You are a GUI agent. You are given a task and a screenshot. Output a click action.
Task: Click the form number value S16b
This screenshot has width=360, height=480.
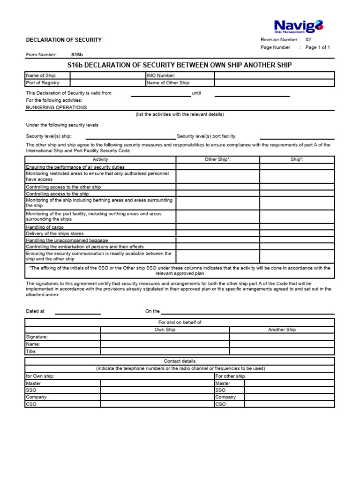[x=77, y=55]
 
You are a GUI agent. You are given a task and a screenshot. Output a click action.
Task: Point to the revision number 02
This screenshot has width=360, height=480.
[x=308, y=40]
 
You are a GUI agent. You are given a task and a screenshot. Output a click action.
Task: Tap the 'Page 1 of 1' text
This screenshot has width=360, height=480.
[x=317, y=47]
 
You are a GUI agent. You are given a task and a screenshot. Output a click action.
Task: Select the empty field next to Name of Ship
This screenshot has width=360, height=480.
[x=108, y=75]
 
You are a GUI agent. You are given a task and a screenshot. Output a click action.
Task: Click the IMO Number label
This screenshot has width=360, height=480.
[x=161, y=75]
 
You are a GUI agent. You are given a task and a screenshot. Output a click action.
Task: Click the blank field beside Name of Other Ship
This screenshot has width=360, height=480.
[x=275, y=83]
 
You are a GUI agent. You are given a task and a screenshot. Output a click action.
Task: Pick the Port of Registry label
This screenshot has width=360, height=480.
[x=43, y=83]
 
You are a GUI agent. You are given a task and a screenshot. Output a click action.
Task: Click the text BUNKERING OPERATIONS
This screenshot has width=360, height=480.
[x=56, y=107]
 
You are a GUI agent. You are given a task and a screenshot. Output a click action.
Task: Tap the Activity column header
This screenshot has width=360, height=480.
[x=100, y=160]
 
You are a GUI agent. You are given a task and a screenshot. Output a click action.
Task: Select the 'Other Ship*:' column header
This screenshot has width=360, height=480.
[x=217, y=160]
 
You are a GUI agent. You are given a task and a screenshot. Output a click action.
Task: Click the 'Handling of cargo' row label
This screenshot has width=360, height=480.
[x=45, y=227]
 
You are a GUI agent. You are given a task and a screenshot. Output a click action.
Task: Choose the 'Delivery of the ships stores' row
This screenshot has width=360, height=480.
[x=55, y=233]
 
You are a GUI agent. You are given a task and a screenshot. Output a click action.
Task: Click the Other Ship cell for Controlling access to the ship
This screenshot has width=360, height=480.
[x=217, y=194]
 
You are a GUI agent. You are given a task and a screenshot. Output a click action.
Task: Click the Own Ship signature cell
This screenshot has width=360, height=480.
[x=165, y=337]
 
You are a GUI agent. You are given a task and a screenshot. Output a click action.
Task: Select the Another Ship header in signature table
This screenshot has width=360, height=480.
[x=282, y=330]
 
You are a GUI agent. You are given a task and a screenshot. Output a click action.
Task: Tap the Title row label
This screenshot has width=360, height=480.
[x=31, y=351]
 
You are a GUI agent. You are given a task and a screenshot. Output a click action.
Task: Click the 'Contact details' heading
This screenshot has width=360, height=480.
[x=180, y=361]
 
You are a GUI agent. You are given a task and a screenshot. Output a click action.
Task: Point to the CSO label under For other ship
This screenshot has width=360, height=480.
[x=220, y=404]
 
